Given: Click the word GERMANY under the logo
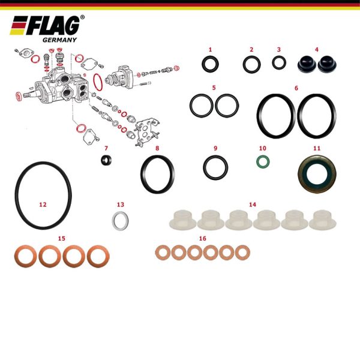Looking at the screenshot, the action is pos(59,40).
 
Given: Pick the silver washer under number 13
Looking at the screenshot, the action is pos(114,220).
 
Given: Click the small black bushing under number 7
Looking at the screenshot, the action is pos(107,160).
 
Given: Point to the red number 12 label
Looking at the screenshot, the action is pos(43,205).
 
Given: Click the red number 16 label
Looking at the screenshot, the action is pos(203,238).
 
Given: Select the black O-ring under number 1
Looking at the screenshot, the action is pos(204,64).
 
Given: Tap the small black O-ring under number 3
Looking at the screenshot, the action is pos(274,62).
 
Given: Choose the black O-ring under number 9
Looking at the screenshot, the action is pos(205,167).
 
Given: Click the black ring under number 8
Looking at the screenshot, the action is pos(143,175).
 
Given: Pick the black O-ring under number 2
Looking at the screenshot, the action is pos(244,65).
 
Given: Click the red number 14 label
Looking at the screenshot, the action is pos(253,205).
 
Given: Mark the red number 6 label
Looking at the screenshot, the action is pos(296,88).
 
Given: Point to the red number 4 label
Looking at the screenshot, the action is pos(317,49).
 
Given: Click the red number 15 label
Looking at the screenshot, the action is pos(62,238).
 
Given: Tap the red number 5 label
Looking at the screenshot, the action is pos(214,88).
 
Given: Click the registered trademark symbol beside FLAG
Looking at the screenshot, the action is pos(82,17).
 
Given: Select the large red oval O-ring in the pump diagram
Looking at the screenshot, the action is pos(94,82).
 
